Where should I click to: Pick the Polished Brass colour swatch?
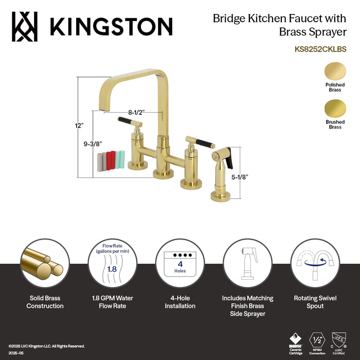pos(335,70)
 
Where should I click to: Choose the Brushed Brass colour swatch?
pos(335,109)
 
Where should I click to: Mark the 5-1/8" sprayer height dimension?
pos(240,176)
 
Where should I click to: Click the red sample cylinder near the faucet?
pos(111,159)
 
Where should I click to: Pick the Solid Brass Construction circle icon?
pos(45,263)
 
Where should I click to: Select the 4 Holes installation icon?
pos(179,263)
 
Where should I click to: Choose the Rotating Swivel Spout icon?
pos(315,263)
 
